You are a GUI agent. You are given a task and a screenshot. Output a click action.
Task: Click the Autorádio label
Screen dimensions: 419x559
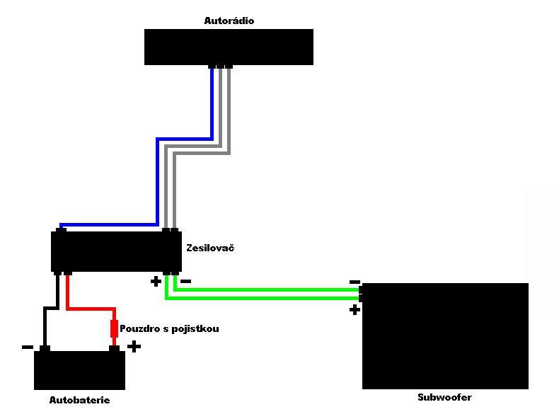pos(229,21)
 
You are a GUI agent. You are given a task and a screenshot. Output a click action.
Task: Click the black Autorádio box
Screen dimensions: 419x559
pos(229,47)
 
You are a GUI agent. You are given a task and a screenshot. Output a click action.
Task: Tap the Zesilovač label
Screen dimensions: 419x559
pos(210,248)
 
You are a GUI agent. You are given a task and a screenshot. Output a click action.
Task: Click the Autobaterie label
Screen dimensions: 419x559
pos(79,401)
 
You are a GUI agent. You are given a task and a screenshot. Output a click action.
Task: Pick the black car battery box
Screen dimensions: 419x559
pos(79,370)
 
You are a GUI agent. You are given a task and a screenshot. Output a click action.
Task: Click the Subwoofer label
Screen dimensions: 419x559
pos(444,398)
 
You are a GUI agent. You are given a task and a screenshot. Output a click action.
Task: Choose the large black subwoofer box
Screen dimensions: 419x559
pos(445,336)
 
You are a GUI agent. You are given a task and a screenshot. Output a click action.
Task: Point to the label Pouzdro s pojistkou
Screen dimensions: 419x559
pos(169,329)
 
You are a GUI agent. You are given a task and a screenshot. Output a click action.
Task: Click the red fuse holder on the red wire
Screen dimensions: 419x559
pos(114,328)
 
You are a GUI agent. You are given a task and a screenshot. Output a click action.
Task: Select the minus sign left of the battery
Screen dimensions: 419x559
pos(27,347)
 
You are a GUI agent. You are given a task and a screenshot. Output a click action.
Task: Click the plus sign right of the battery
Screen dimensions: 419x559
pos(134,347)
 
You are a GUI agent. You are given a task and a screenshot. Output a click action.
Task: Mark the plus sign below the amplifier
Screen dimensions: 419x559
pos(156,282)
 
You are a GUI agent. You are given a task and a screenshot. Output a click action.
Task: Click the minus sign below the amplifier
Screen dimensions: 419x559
pos(185,282)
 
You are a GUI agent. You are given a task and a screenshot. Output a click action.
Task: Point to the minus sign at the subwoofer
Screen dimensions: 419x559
pos(355,282)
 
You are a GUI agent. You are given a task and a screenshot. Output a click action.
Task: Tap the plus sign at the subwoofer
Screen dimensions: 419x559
pos(355,309)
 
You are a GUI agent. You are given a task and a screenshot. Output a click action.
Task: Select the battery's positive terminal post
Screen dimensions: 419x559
pos(114,348)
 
